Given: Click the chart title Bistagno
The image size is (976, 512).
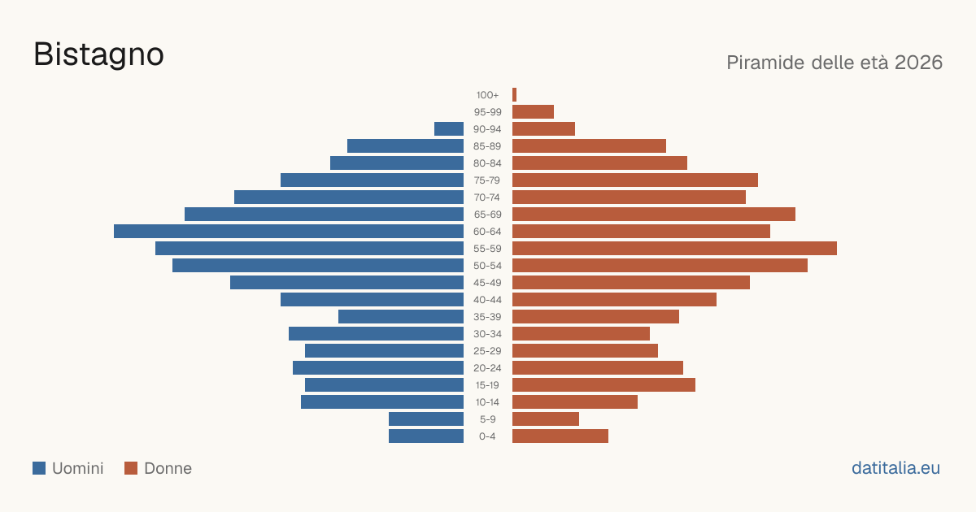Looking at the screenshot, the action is [x=98, y=54].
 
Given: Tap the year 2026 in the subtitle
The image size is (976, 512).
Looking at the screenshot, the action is [x=918, y=63].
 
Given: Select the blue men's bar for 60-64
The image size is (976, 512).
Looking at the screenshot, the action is [x=289, y=231].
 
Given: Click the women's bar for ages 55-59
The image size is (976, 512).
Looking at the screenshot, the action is [x=674, y=248].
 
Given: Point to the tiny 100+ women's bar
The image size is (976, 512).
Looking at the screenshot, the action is [x=515, y=94].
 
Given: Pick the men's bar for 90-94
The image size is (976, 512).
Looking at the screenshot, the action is [x=449, y=129].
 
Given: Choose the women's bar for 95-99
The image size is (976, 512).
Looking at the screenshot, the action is [x=533, y=112].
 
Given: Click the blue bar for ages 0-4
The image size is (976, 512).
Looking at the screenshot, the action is [x=426, y=436].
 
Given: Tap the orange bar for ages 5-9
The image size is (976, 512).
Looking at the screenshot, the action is [x=546, y=419].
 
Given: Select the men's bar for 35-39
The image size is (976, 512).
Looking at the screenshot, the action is [x=401, y=316].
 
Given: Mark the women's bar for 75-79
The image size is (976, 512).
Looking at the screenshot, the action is [x=635, y=180].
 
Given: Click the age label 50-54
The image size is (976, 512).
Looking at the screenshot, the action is [x=487, y=266].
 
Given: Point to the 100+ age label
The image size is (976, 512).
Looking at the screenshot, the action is [x=487, y=95].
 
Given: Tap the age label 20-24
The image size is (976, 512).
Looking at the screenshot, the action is [x=487, y=368].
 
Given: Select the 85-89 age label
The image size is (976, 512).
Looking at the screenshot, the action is [x=487, y=145].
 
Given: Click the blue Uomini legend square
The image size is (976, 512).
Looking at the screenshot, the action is [x=39, y=468].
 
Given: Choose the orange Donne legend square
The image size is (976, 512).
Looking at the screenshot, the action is [x=131, y=468].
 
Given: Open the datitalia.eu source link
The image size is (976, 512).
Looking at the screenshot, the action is [x=895, y=468].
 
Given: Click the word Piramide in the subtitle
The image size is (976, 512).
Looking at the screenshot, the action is [x=765, y=63].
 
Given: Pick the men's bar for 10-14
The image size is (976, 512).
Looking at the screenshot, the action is [x=382, y=401].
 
